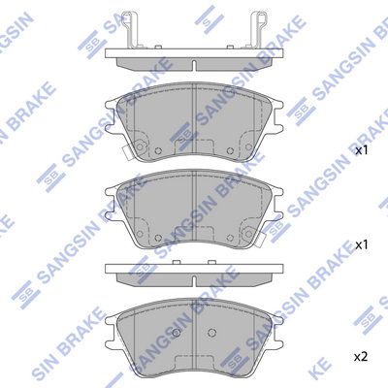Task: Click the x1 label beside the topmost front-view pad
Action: pyautogui.click(x=361, y=150)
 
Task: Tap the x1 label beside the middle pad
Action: pyautogui.click(x=361, y=245)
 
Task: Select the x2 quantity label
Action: pyautogui.click(x=361, y=357)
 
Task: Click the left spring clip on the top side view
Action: pyautogui.click(x=132, y=30)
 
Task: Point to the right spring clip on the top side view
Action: pyautogui.click(x=257, y=30)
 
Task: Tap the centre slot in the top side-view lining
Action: pyautogui.click(x=194, y=65)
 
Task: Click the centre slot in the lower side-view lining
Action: pyautogui.click(x=194, y=281)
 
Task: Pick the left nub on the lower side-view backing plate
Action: pyautogui.click(x=177, y=262)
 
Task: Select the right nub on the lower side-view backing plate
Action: pyautogui.click(x=211, y=262)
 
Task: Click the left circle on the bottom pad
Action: pyautogui.click(x=177, y=333)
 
